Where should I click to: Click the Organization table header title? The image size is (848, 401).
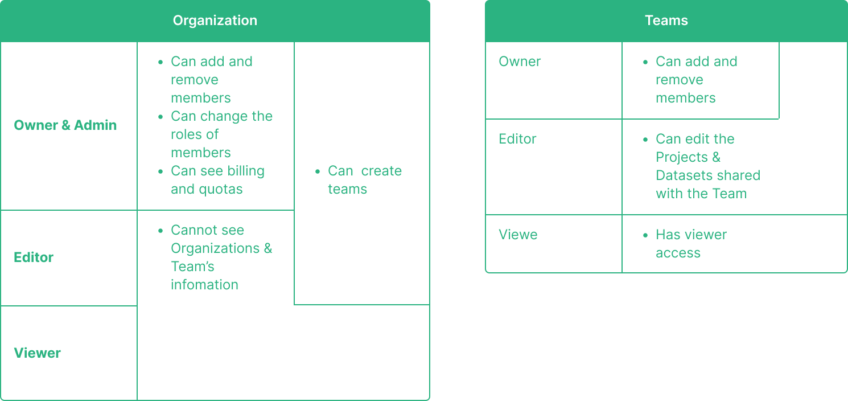tap(215, 21)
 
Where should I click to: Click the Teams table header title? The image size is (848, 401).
tap(666, 21)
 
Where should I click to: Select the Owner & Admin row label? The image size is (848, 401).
tap(65, 125)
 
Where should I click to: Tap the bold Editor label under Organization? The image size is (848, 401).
tap(34, 257)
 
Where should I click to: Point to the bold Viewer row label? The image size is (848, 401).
tap(37, 353)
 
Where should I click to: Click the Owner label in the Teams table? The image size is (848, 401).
tap(520, 62)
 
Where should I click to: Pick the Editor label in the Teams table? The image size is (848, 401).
tap(517, 139)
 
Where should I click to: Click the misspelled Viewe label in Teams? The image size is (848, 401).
tap(518, 235)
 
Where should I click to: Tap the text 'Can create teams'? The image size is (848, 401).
tap(364, 180)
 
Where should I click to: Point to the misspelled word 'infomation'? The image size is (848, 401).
tap(204, 285)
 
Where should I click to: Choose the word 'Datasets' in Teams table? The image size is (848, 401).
tap(680, 175)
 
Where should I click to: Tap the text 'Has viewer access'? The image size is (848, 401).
tap(690, 244)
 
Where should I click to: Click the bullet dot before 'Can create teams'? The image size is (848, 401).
tap(317, 171)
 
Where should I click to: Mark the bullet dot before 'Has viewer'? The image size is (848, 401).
tap(645, 235)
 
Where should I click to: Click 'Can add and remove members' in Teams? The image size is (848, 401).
tap(695, 80)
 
